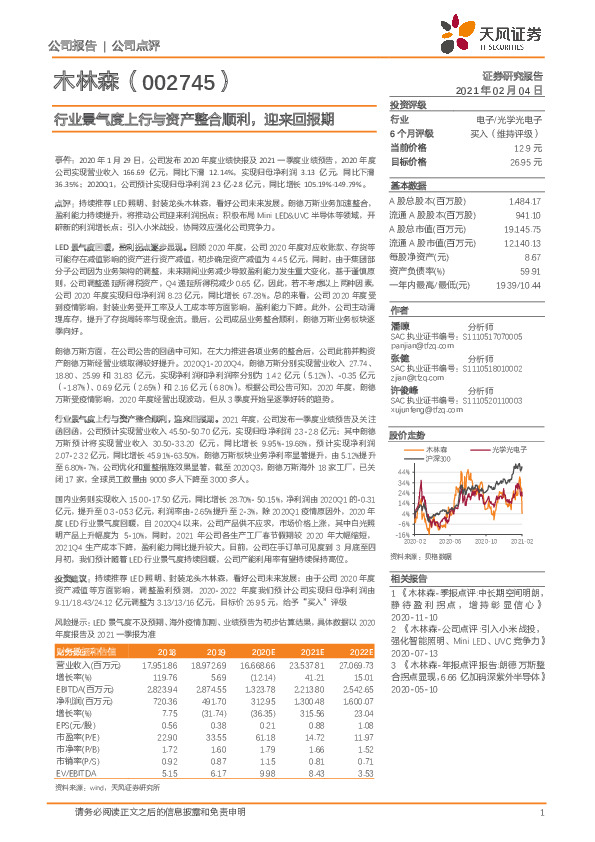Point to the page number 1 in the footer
click(540, 824)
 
